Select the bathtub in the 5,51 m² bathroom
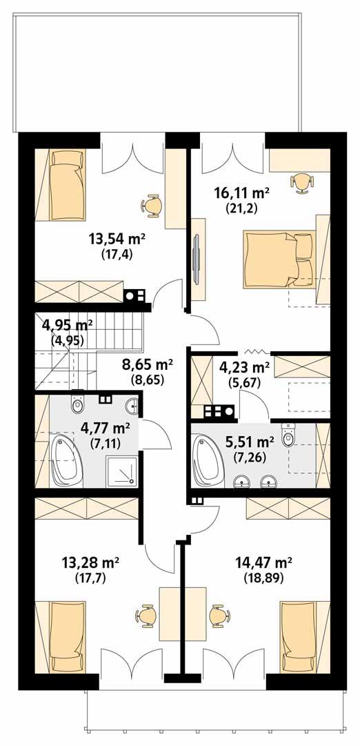tap(211, 458)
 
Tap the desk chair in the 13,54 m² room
tap(152, 204)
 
